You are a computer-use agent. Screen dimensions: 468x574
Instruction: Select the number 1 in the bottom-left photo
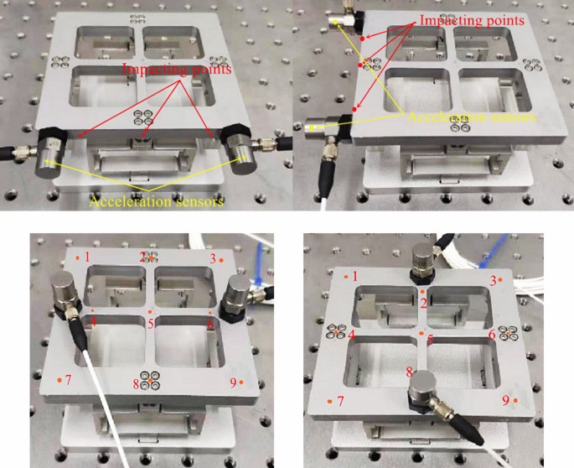(x=85, y=256)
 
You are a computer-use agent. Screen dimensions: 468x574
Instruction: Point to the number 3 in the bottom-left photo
(x=213, y=258)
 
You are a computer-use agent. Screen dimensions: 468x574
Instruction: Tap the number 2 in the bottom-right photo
(x=424, y=301)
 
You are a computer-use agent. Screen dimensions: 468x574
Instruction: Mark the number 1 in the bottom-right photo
(x=355, y=276)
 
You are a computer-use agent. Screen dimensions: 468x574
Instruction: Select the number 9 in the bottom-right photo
(x=505, y=400)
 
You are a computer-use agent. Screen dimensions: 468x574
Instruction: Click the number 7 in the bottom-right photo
(x=340, y=401)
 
